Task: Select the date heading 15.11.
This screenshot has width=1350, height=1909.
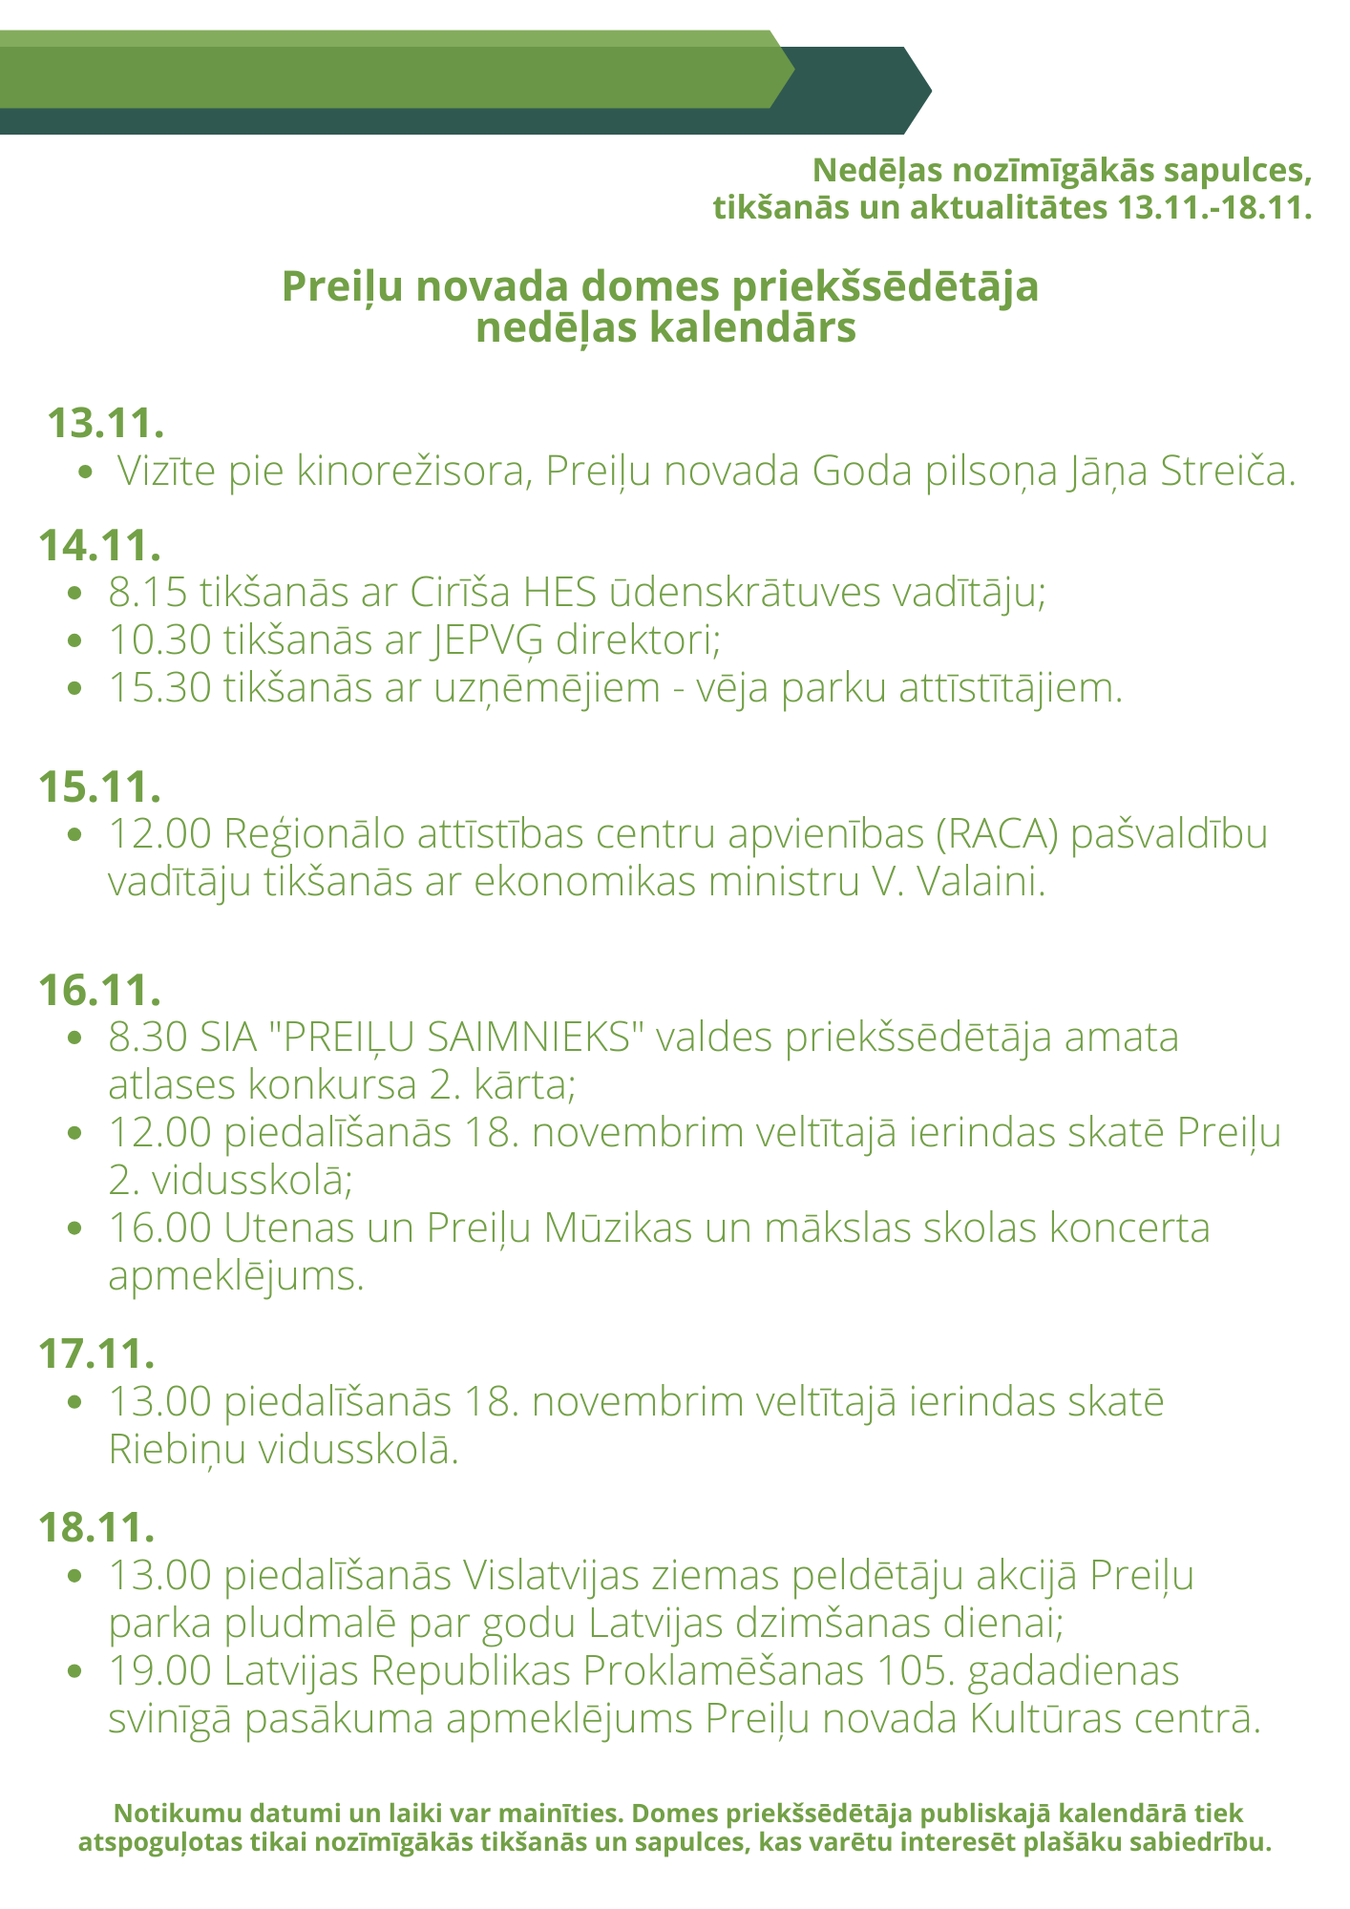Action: click(x=99, y=786)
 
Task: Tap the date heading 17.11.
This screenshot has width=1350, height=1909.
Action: click(x=96, y=1353)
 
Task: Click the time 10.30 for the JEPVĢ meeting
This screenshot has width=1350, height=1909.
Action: click(x=159, y=640)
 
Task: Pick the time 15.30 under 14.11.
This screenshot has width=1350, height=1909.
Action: click(x=159, y=687)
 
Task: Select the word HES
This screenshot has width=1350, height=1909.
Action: click(x=560, y=592)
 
